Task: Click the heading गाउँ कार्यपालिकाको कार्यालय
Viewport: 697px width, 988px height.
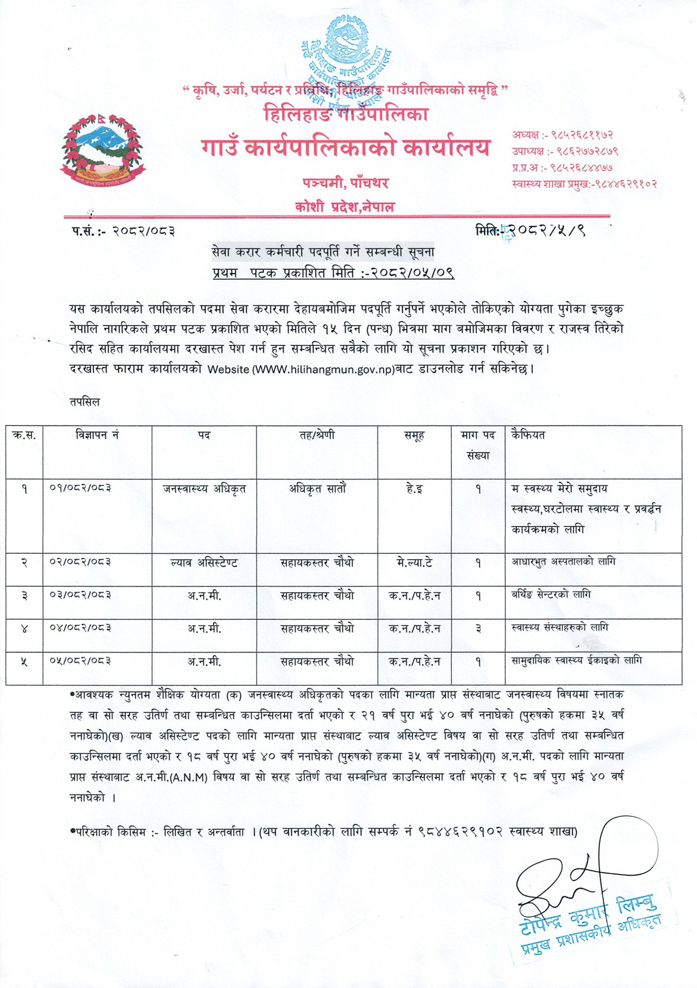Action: click(x=346, y=147)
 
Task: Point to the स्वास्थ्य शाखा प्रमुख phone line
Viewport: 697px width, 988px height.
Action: click(x=584, y=184)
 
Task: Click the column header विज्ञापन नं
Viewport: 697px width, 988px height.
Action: click(x=97, y=435)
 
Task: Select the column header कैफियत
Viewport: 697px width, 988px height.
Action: click(x=528, y=435)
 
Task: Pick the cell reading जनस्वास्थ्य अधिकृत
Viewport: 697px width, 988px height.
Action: click(x=204, y=489)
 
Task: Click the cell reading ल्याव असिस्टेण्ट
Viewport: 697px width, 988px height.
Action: click(x=204, y=562)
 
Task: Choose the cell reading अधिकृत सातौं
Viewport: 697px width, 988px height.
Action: click(x=317, y=489)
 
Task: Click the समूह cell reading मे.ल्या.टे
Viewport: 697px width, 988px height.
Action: click(x=414, y=562)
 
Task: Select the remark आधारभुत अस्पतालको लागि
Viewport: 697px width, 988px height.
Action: click(x=563, y=562)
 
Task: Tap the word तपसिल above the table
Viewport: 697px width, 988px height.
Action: click(x=84, y=402)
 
